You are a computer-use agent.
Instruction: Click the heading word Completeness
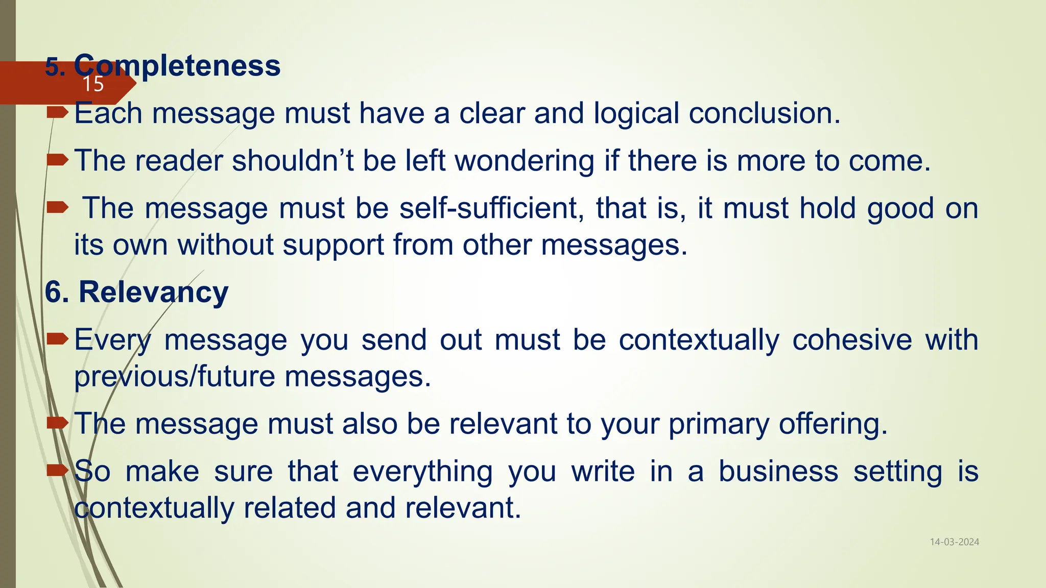click(177, 66)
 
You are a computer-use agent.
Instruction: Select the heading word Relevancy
click(153, 292)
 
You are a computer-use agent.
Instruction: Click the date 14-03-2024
click(954, 542)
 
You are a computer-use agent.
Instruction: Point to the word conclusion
click(764, 113)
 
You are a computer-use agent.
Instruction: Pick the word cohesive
click(852, 340)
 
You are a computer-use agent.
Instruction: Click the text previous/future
click(175, 377)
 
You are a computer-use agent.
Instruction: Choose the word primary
click(719, 424)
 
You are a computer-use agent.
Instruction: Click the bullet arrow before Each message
click(57, 112)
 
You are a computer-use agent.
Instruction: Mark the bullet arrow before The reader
click(57, 160)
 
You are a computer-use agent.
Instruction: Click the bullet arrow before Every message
click(57, 338)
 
